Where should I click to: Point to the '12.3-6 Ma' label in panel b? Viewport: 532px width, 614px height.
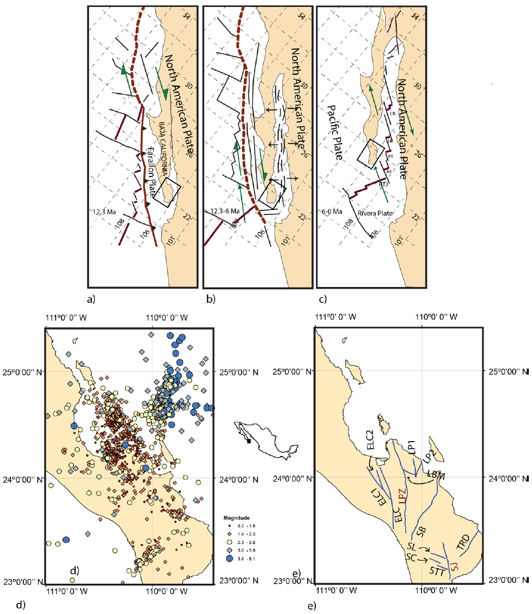[x=218, y=212]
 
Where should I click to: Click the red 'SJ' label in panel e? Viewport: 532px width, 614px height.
[x=454, y=566]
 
